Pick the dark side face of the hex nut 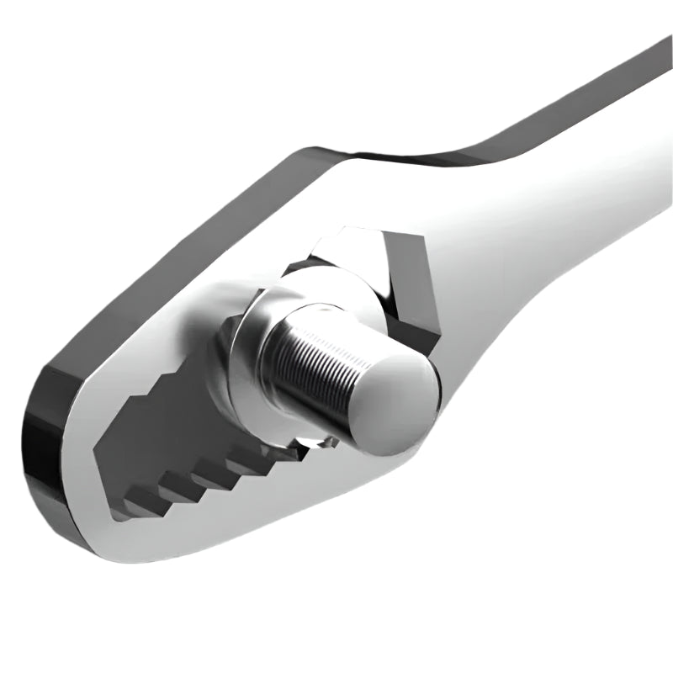412,286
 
